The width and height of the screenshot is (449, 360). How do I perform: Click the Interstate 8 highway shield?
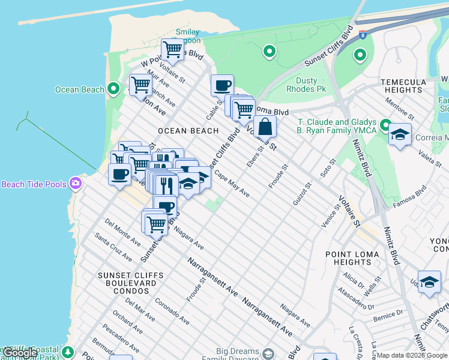(x=363, y=35)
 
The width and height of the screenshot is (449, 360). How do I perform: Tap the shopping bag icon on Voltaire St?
(x=265, y=127)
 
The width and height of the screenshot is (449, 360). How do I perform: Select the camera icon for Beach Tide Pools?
(x=76, y=183)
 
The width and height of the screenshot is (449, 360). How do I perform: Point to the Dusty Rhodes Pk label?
(x=315, y=85)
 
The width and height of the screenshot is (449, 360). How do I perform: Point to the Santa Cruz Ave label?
(x=114, y=250)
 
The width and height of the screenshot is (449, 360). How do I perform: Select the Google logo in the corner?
(x=20, y=353)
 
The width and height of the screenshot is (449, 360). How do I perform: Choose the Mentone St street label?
(x=400, y=108)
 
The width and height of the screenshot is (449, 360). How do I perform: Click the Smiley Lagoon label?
(x=187, y=37)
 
